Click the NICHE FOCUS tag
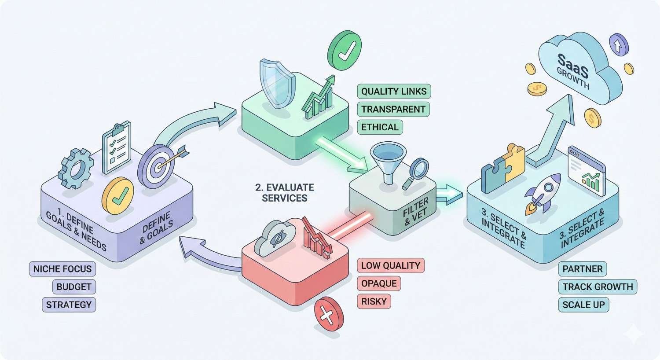pos(62,269)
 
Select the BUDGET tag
pos(74,287)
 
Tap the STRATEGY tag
pos(69,305)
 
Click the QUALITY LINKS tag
pos(394,92)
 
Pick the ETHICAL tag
pos(380,127)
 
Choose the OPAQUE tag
pos(379,283)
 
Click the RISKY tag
pos(374,301)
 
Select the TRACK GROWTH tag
pos(598,287)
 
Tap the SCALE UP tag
pos(583,305)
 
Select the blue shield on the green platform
pos(275,83)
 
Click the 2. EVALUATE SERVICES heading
pos(285,193)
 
